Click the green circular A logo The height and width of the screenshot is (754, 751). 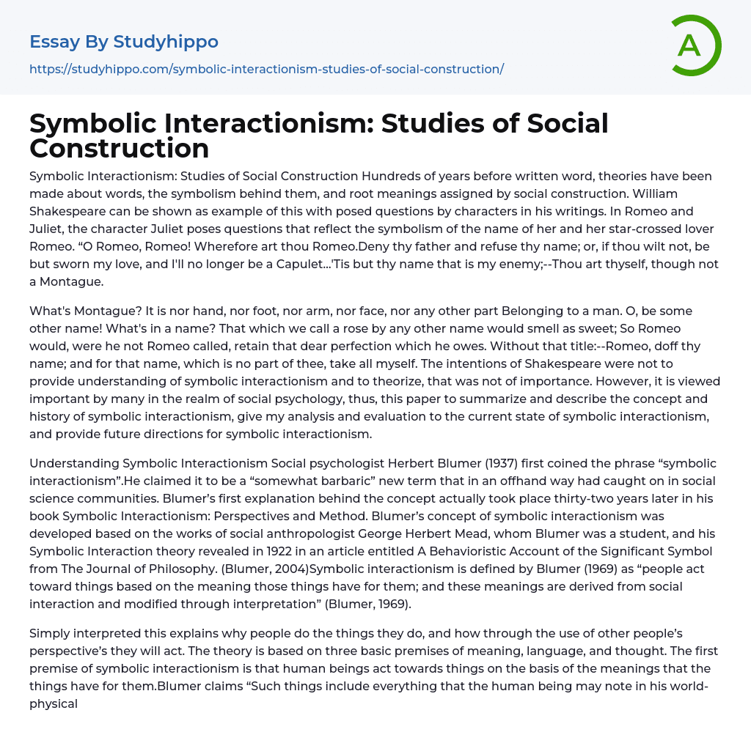[695, 45]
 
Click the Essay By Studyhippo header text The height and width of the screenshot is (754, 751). [124, 42]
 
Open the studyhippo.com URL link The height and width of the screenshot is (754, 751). [266, 69]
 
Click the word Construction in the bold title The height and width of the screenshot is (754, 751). [120, 148]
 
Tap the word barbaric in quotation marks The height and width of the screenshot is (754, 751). [314, 481]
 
